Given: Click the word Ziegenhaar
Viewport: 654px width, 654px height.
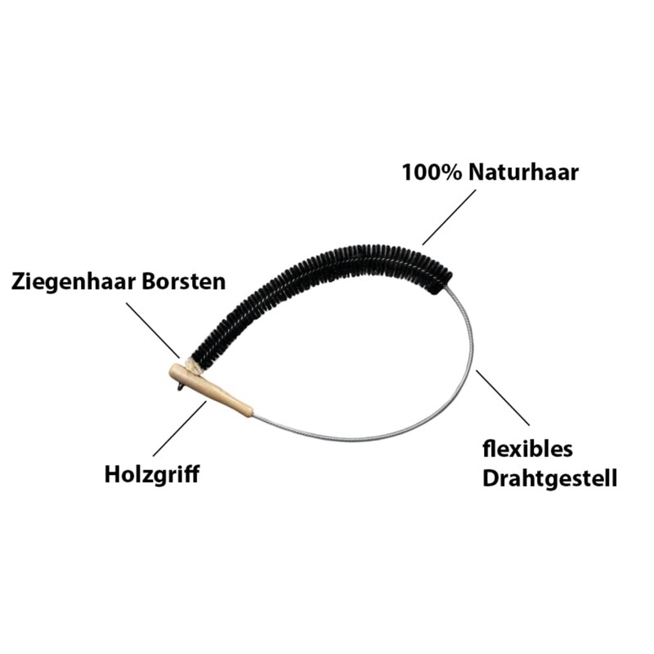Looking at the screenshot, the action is [74, 282].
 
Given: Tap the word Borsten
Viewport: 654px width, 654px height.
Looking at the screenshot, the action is [184, 281].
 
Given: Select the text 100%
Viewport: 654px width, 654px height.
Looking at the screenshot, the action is [432, 172].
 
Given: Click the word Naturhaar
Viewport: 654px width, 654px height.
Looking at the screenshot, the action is [523, 172].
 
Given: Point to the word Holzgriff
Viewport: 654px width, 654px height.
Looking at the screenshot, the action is [152, 475].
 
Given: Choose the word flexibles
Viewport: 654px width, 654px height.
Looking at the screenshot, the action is [527, 449].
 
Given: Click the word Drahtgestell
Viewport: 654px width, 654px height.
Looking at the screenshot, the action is [549, 478].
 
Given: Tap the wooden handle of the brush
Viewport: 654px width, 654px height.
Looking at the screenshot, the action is [210, 389].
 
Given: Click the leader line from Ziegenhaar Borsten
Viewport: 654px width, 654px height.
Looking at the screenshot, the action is [153, 330].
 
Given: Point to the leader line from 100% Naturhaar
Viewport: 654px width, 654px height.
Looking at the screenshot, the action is [449, 217].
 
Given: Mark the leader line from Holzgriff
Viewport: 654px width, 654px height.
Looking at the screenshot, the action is [180, 428].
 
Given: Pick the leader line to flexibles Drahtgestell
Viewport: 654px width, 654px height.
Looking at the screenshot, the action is [503, 397].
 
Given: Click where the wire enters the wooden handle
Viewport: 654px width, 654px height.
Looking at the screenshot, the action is [253, 414].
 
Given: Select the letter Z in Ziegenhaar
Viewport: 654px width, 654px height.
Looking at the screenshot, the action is [18, 282].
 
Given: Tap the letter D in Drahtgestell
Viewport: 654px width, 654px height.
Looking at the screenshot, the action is [490, 478].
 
